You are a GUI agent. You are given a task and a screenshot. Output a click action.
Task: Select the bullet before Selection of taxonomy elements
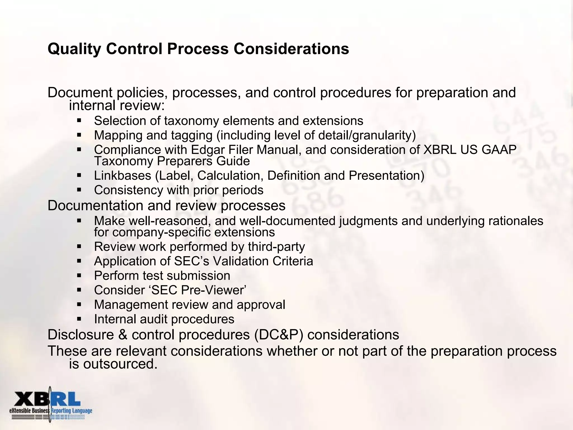[79, 121]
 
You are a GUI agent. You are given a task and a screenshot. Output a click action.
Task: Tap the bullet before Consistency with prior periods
[79, 190]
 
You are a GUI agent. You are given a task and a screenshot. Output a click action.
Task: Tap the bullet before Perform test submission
[79, 275]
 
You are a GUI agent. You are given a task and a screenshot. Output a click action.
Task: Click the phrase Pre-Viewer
[213, 290]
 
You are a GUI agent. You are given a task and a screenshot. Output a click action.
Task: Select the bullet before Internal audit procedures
[79, 319]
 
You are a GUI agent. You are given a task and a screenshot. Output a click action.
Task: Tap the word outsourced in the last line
[120, 364]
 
